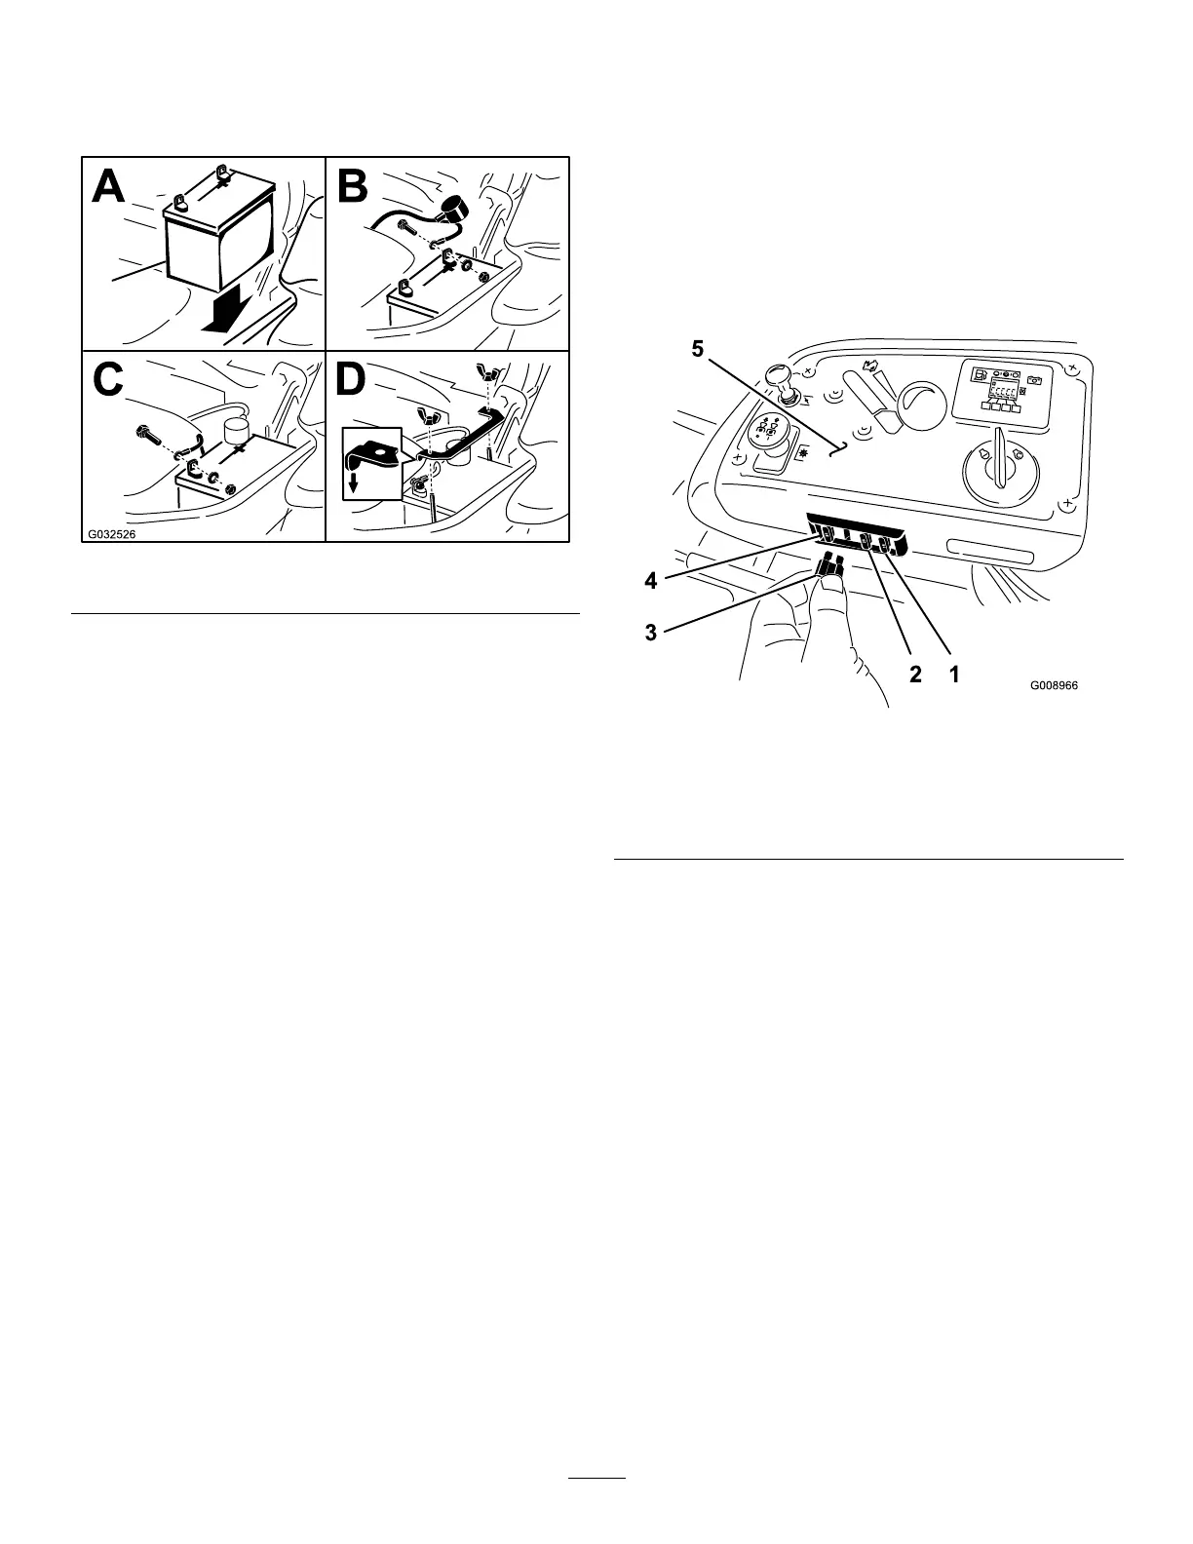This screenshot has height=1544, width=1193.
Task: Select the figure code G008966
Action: (1057, 685)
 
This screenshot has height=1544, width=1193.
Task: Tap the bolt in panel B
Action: (407, 228)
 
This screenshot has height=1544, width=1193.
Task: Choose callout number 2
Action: (915, 674)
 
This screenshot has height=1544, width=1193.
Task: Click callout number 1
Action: (955, 674)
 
